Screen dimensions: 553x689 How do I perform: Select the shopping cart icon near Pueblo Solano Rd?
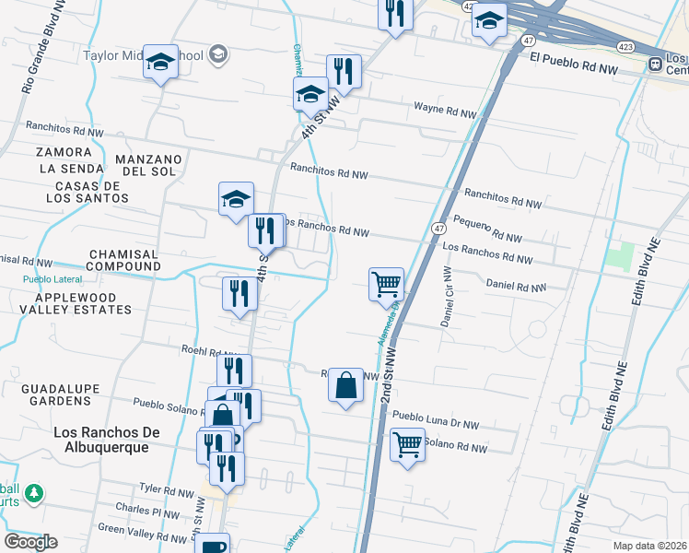pyautogui.click(x=406, y=445)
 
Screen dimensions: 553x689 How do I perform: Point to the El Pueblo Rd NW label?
pyautogui.click(x=573, y=69)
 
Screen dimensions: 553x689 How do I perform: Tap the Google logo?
pyautogui.click(x=30, y=542)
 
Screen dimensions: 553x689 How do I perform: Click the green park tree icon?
pyautogui.click(x=34, y=494)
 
